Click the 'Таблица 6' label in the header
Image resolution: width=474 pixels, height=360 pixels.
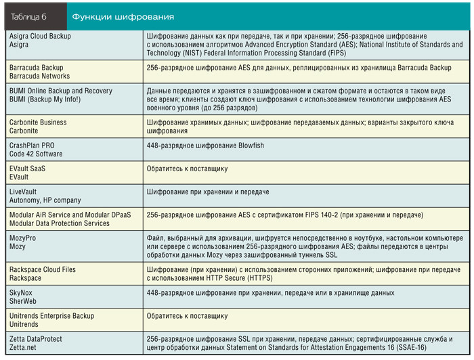tap(28, 16)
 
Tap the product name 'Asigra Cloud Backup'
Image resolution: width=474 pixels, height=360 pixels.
tap(40, 35)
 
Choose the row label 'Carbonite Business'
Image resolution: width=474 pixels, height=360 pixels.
tap(38, 122)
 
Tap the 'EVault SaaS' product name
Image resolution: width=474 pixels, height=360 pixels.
tap(30, 168)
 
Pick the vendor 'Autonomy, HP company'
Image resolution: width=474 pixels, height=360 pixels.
tap(45, 200)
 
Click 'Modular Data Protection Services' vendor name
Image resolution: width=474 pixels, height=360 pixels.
tap(60, 223)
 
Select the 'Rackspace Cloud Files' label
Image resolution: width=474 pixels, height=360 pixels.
tap(43, 269)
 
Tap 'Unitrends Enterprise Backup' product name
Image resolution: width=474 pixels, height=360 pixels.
tap(52, 315)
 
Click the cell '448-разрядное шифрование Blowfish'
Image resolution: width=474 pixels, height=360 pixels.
tap(204, 145)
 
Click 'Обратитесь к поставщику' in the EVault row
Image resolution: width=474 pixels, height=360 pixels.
tap(187, 168)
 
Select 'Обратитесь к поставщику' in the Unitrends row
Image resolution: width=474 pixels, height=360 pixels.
tap(187, 315)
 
